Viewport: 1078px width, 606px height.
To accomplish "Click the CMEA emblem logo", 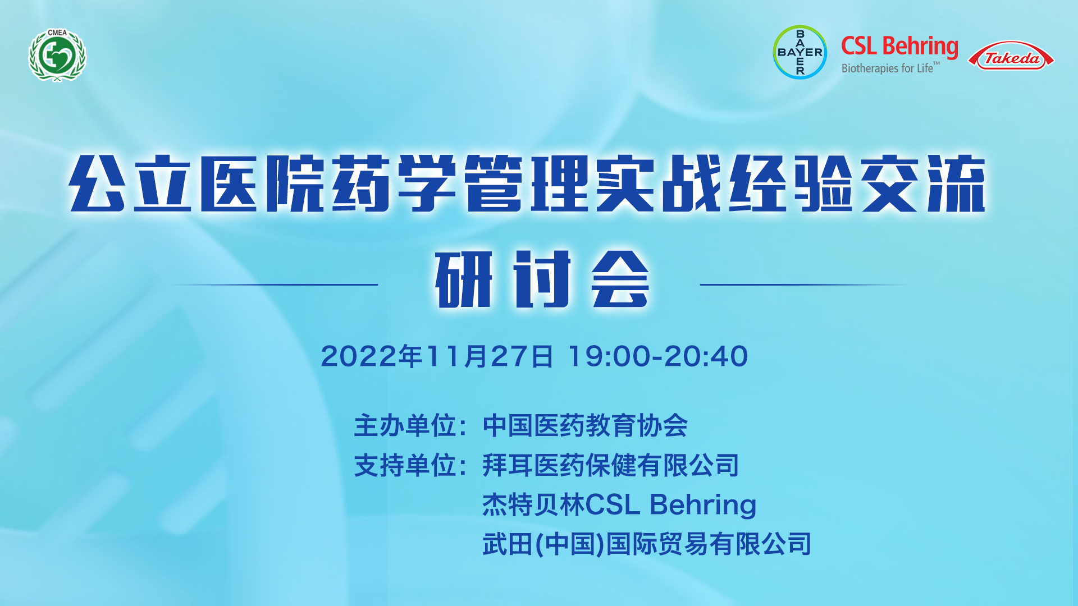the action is tap(57, 55).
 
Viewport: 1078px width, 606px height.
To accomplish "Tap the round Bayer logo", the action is tap(800, 52).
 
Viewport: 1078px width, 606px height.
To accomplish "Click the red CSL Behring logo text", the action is tap(899, 47).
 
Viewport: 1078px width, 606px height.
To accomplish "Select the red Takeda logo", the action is tap(1011, 56).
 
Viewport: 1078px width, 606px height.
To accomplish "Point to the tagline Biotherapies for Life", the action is tap(890, 68).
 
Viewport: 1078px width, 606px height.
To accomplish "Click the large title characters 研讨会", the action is tap(542, 279).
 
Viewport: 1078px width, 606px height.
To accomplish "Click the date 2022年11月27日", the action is tap(437, 356).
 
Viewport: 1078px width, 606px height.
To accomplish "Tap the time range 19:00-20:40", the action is tap(658, 356).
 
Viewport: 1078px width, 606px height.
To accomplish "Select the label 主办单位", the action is tap(405, 425).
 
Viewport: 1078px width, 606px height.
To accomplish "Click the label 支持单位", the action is tap(405, 465).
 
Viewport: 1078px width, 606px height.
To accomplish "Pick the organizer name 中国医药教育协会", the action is tap(585, 425).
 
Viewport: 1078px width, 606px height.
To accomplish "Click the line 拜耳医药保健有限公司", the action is tap(611, 465).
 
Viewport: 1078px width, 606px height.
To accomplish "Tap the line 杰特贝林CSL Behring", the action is tap(619, 505).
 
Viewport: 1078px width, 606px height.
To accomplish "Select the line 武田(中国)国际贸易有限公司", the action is tap(647, 544).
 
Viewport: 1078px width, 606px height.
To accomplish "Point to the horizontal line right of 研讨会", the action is tap(804, 284).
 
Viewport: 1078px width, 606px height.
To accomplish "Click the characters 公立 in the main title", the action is tap(130, 183).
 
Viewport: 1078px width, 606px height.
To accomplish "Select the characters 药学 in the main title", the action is tap(394, 183).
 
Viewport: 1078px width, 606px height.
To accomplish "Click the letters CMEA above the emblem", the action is tap(57, 33).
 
